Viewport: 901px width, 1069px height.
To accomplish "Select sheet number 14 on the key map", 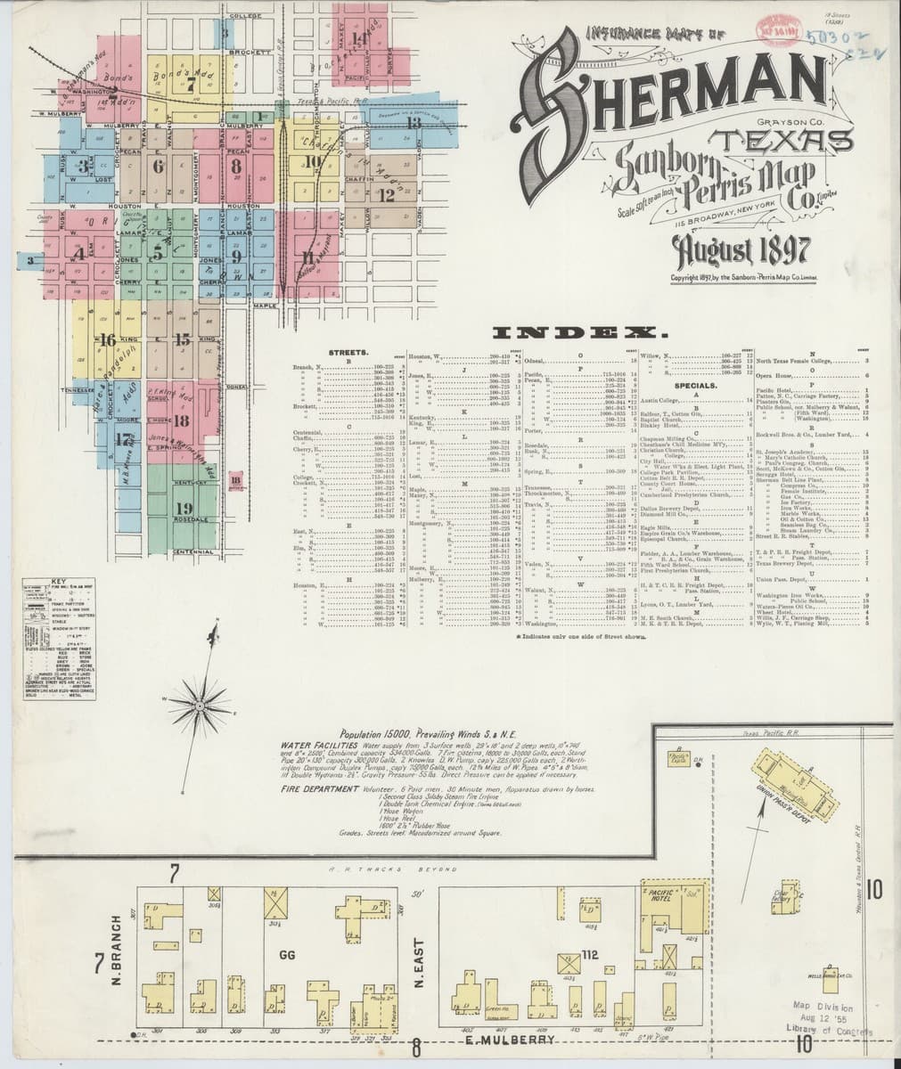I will click(358, 40).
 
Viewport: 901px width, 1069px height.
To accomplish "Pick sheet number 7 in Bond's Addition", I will click(190, 85).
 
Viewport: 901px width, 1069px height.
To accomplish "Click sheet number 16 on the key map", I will click(108, 339).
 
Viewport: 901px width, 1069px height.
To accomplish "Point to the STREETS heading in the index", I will click(343, 353).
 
